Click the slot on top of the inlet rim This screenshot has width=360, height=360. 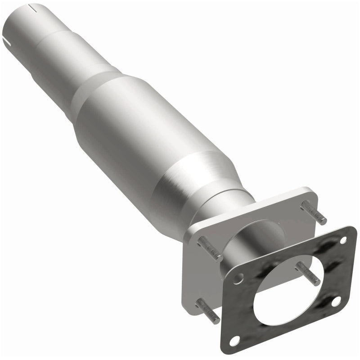click(31, 8)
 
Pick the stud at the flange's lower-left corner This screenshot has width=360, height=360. click(208, 310)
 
